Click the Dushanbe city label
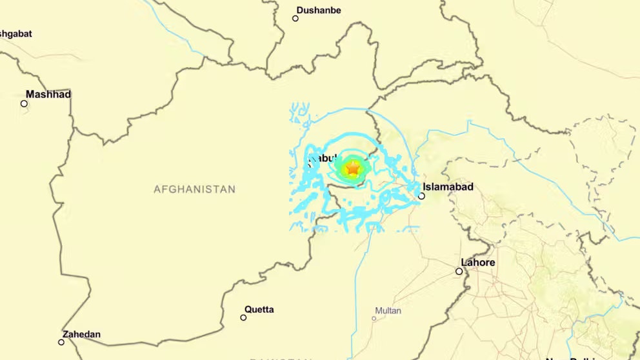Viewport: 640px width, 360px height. coord(319,10)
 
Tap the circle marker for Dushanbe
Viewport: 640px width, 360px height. coord(295,18)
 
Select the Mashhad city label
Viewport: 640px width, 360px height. coord(48,94)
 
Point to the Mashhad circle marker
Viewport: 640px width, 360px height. coord(24,103)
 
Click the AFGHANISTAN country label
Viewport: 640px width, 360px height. coord(194,189)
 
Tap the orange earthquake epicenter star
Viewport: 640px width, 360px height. coord(352,168)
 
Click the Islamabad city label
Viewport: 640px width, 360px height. coord(448,187)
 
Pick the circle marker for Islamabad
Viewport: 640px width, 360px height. coord(421,196)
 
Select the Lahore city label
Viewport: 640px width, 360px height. coord(478,263)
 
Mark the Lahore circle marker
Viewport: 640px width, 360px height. coord(459,271)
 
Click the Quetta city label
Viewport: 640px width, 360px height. coord(259,310)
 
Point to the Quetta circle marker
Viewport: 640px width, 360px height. coord(243,317)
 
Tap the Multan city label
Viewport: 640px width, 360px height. coord(388,311)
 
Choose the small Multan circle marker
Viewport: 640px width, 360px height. coord(374,318)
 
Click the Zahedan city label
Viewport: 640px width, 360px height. coord(81,334)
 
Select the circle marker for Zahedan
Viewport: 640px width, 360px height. coord(61,342)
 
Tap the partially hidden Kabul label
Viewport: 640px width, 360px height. coord(323,158)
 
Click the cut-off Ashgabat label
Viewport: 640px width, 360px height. coord(15,34)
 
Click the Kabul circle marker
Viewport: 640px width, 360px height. coord(309,165)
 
